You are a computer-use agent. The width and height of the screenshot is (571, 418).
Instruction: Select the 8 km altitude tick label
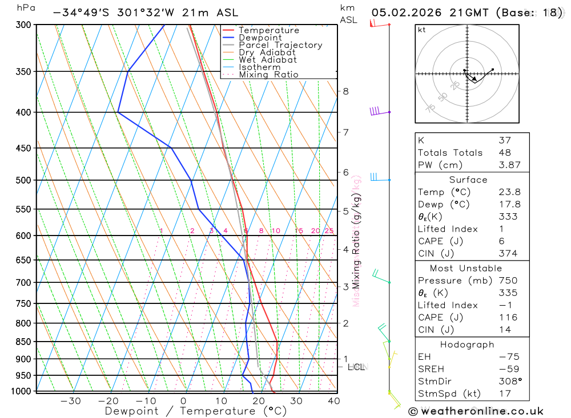pyautogui.click(x=345, y=91)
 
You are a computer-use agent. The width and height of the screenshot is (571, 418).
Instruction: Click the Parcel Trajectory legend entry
pyautogui.click(x=280, y=45)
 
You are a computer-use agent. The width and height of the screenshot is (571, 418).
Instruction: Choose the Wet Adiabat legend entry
pyautogui.click(x=267, y=60)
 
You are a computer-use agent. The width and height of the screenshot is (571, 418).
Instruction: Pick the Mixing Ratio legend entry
pyautogui.click(x=268, y=75)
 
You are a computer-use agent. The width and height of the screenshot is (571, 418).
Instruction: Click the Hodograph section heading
pyautogui.click(x=468, y=344)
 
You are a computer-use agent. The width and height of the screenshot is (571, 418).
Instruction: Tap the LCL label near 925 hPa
pyautogui.click(x=356, y=367)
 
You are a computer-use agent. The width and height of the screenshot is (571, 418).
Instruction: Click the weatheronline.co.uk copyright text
pyautogui.click(x=476, y=411)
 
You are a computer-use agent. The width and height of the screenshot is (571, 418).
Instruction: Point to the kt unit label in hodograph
pyautogui.click(x=422, y=30)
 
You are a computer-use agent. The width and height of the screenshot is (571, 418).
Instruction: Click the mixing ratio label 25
pyautogui.click(x=329, y=231)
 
